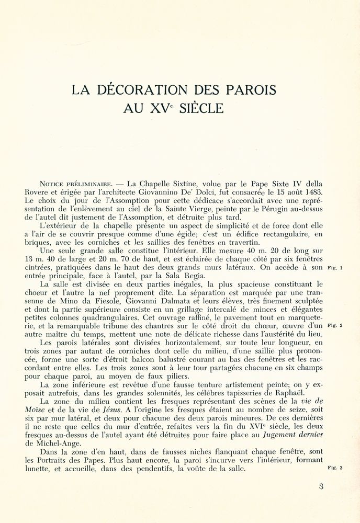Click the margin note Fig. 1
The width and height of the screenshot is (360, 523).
click(334, 268)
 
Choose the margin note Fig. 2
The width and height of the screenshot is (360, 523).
click(334, 326)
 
